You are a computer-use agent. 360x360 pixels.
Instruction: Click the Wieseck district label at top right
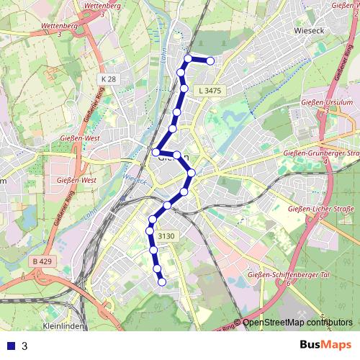click(311, 31)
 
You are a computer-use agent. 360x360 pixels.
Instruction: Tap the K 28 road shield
click(109, 78)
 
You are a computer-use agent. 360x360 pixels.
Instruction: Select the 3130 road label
click(166, 236)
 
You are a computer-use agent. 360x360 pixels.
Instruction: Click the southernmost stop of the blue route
click(162, 282)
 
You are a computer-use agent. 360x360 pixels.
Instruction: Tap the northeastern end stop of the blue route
click(210, 61)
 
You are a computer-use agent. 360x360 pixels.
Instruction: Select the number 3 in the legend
click(24, 346)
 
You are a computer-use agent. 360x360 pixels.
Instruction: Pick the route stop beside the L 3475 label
click(184, 89)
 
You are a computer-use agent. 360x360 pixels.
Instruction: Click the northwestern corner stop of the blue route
click(188, 58)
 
